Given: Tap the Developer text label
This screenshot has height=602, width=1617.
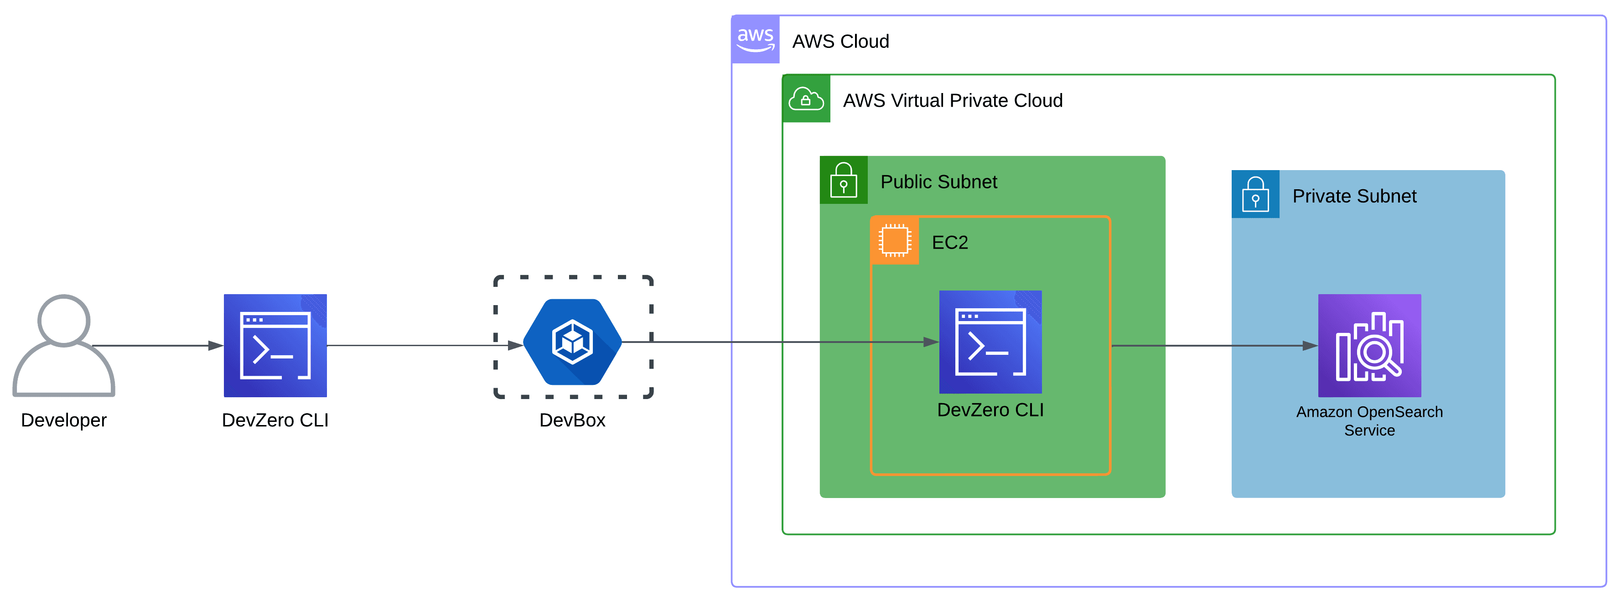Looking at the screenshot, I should point(63,420).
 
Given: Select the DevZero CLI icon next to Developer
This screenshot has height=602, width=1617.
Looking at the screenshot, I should point(275,345).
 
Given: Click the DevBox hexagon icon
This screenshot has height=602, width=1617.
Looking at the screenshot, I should point(572,342).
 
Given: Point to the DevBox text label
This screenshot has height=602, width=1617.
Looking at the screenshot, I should point(572,420).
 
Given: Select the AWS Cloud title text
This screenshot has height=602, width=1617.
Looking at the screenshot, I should point(840,42).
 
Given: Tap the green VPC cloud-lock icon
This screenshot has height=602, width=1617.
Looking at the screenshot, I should point(806,99).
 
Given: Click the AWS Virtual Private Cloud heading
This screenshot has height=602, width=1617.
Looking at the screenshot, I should point(952,100).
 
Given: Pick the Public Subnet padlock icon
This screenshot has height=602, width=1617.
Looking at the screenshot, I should point(843,180).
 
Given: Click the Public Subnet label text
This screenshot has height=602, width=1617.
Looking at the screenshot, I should point(938,182).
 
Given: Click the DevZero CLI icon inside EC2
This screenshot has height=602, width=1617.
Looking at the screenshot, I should point(990,342).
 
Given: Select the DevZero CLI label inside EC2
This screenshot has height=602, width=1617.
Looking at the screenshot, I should point(990,410).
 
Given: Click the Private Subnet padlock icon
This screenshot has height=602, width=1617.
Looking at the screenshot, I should point(1255,195).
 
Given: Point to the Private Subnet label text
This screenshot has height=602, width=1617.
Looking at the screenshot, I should point(1354,197).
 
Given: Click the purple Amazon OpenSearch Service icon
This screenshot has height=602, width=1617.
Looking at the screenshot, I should point(1369,345).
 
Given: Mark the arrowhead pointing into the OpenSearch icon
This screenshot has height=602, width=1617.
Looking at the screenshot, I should point(1310,346).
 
